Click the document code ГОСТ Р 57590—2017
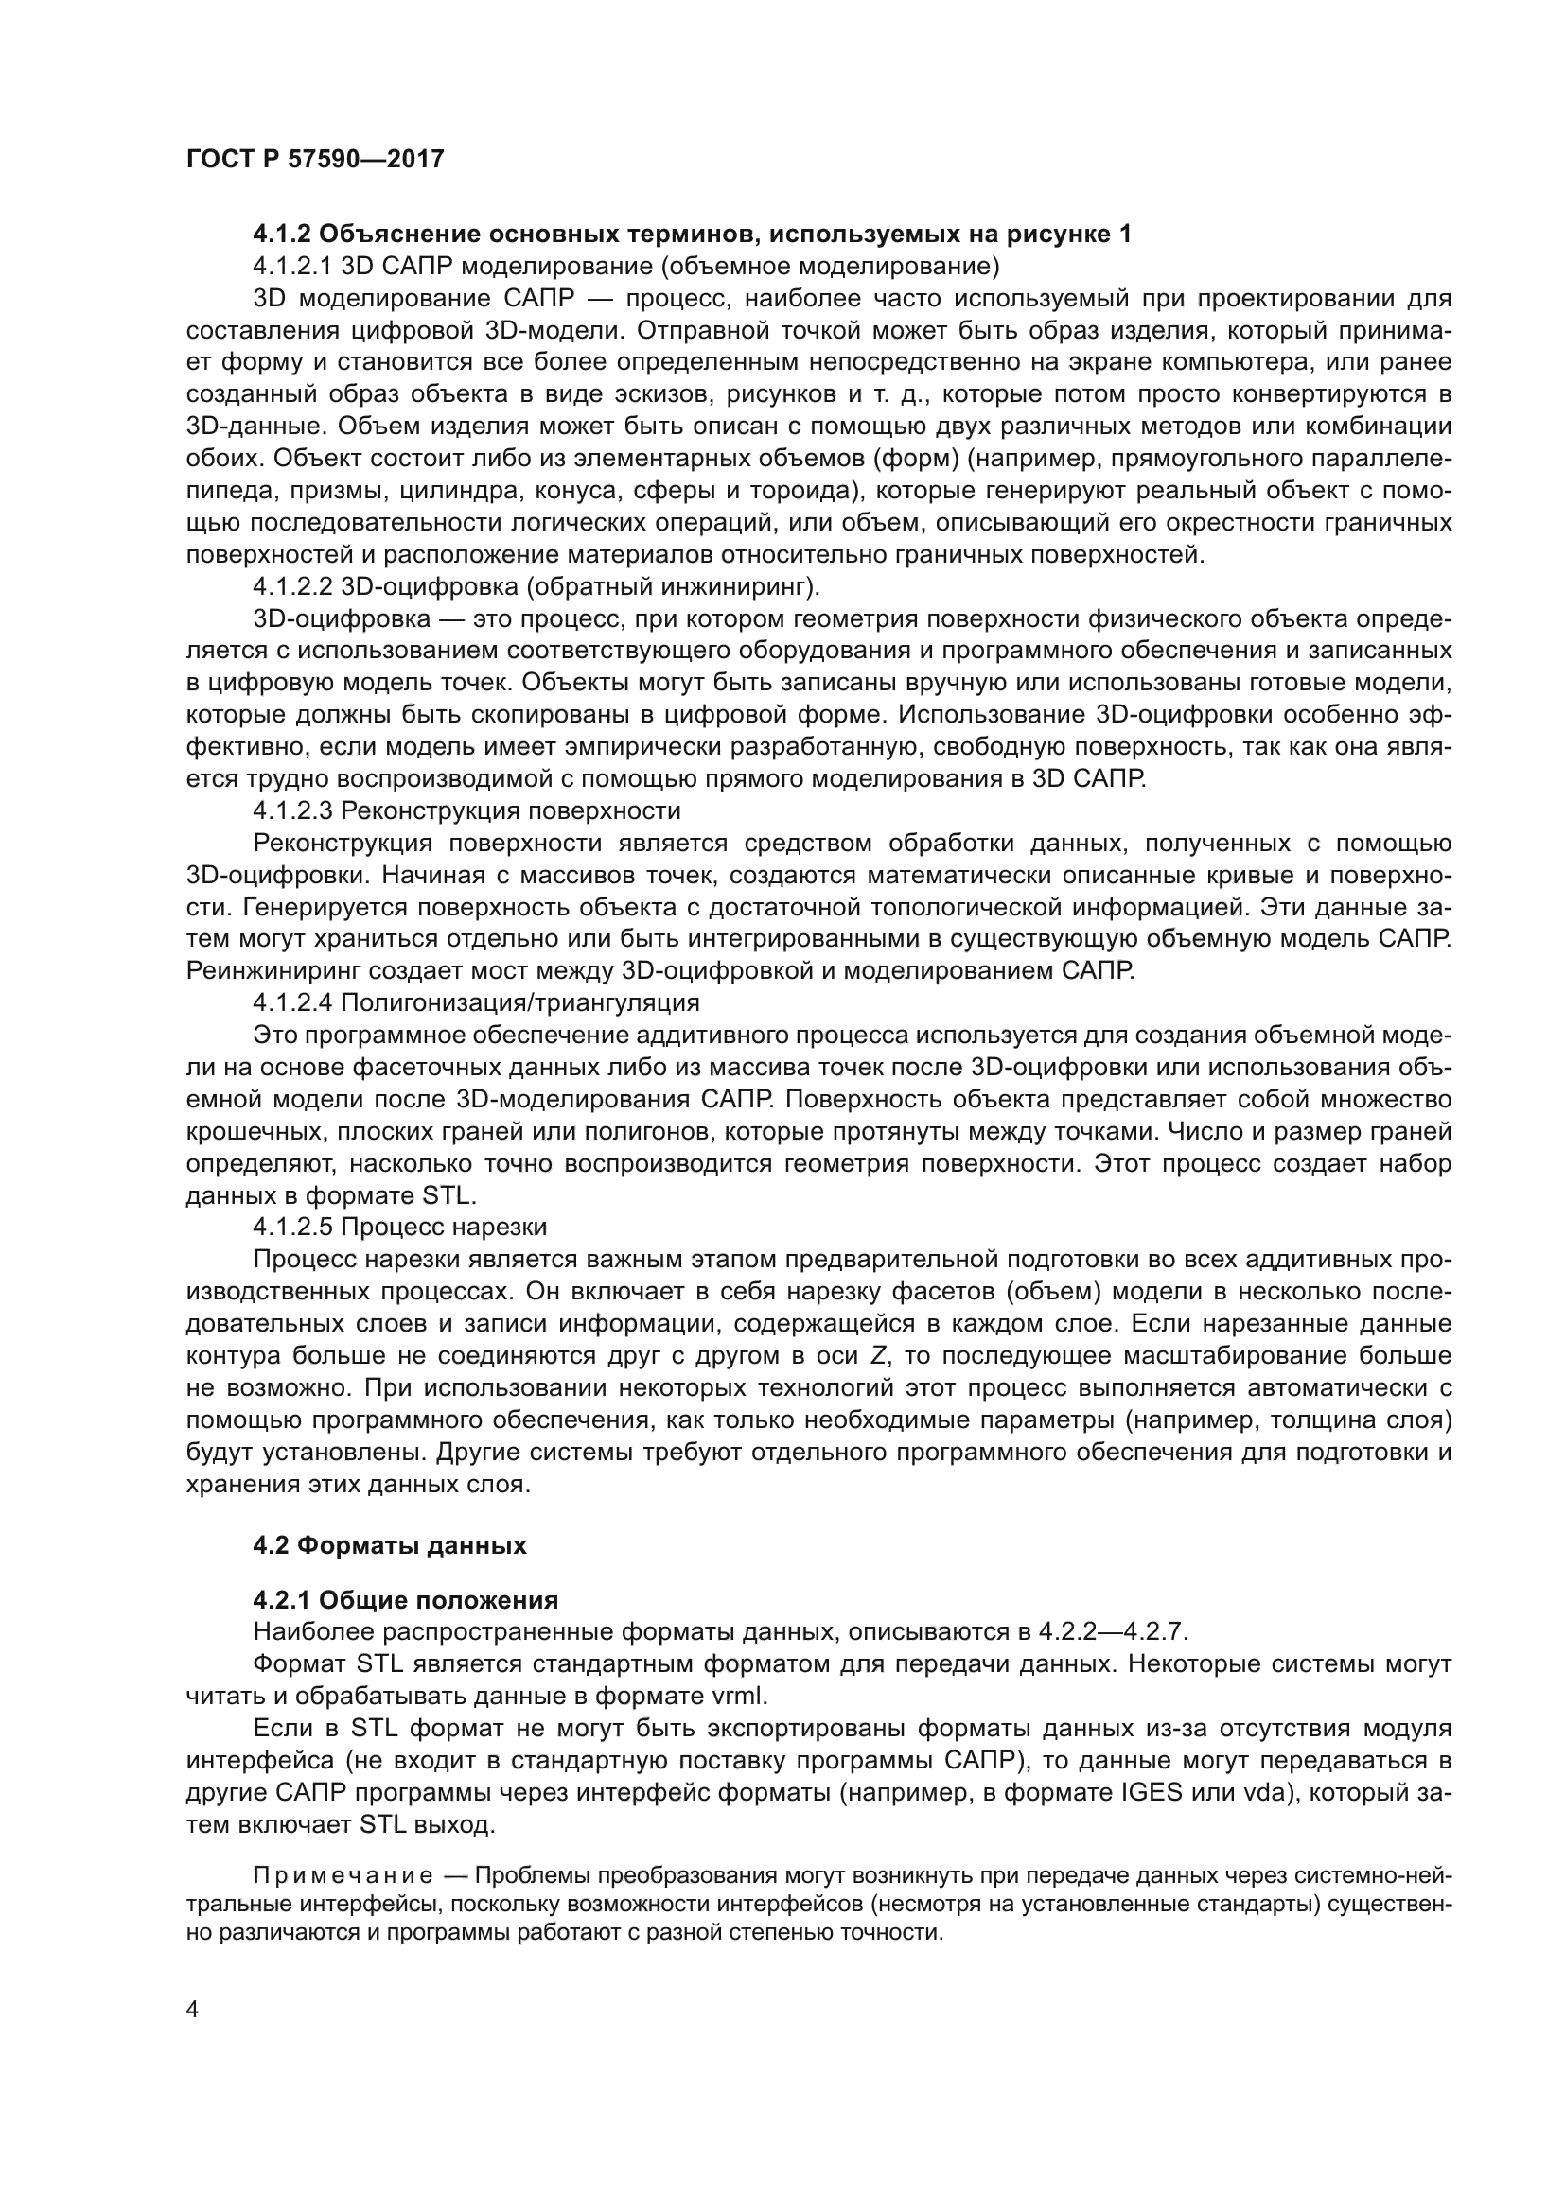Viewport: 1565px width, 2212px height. click(315, 159)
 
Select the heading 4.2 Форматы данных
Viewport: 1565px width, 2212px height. click(389, 1545)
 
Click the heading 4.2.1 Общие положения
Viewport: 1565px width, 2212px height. click(406, 1600)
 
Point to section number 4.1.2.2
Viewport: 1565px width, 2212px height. click(293, 586)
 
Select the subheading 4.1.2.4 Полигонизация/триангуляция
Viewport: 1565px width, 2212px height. click(476, 1002)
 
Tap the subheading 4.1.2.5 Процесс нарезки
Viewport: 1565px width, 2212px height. click(400, 1228)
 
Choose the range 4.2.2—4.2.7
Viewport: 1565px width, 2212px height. click(1113, 1632)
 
